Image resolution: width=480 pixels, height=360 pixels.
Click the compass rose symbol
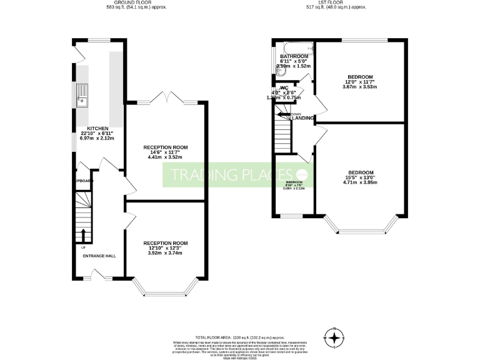point(335,338)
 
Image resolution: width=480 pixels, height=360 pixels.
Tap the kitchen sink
point(81,94)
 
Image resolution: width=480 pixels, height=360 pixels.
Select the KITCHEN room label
point(89,128)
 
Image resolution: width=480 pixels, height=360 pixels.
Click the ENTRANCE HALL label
point(99,256)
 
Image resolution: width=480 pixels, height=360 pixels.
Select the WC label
point(284,88)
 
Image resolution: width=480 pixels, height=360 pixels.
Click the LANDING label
point(304,117)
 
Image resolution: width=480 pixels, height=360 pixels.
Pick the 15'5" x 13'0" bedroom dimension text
point(361,178)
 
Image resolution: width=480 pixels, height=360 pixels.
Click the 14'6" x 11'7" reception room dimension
point(165,153)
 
